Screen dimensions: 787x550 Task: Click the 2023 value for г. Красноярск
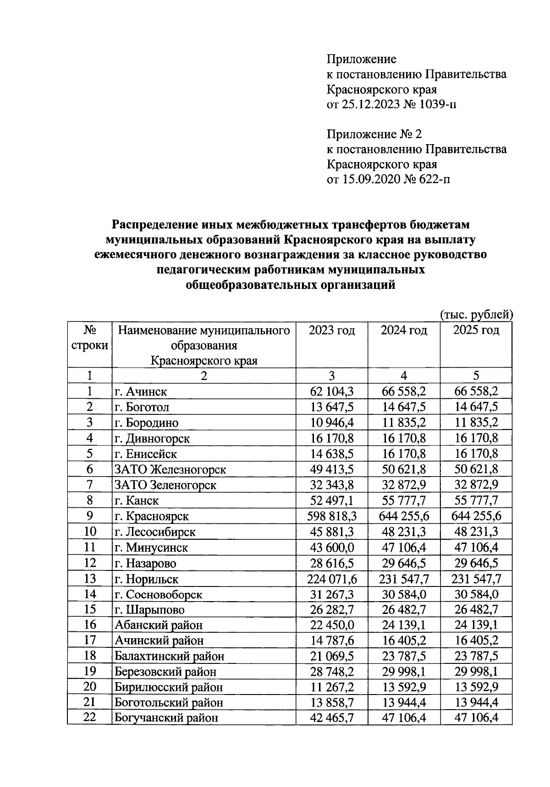pyautogui.click(x=332, y=516)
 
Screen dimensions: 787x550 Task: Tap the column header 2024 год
pyautogui.click(x=404, y=330)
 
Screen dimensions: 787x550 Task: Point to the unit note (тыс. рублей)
pyautogui.click(x=476, y=315)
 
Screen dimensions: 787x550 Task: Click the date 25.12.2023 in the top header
pyautogui.click(x=371, y=104)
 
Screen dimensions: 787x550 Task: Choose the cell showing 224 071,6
pyautogui.click(x=332, y=579)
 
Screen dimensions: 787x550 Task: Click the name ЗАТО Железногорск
pyautogui.click(x=170, y=470)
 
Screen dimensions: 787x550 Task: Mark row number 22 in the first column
pyautogui.click(x=89, y=717)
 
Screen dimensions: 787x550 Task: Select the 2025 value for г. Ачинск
pyautogui.click(x=476, y=391)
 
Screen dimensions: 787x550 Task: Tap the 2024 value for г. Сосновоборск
pyautogui.click(x=404, y=595)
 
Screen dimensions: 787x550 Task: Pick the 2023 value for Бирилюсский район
pyautogui.click(x=332, y=687)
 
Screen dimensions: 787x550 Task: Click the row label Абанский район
pyautogui.click(x=158, y=625)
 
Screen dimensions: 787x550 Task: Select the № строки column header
pyautogui.click(x=89, y=337)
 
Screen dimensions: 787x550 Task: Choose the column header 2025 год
pyautogui.click(x=476, y=330)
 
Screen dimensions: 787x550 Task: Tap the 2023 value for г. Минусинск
pyautogui.click(x=332, y=548)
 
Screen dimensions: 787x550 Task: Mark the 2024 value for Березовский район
pyautogui.click(x=404, y=672)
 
